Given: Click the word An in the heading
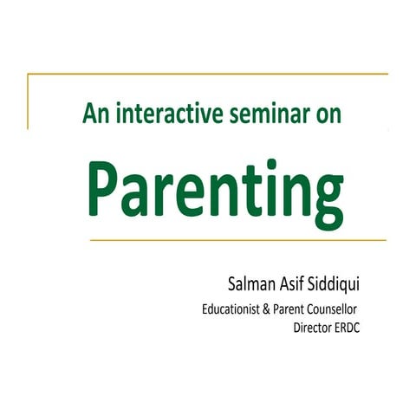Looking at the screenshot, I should [x=95, y=112].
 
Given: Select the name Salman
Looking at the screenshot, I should [x=249, y=285].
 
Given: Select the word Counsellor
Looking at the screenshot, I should [x=332, y=310].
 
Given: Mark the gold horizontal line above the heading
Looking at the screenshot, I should [x=208, y=75].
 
